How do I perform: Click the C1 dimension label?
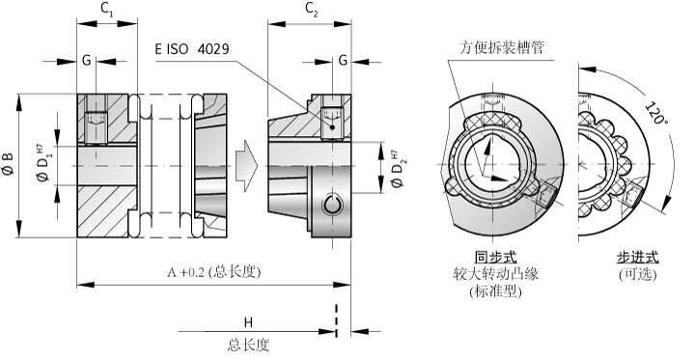107,10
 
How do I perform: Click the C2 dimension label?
312,10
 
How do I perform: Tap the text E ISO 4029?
192,48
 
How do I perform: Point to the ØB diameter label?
9,164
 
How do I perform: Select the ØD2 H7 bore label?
397,169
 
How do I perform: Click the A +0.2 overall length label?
213,272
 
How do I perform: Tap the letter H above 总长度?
248,322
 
